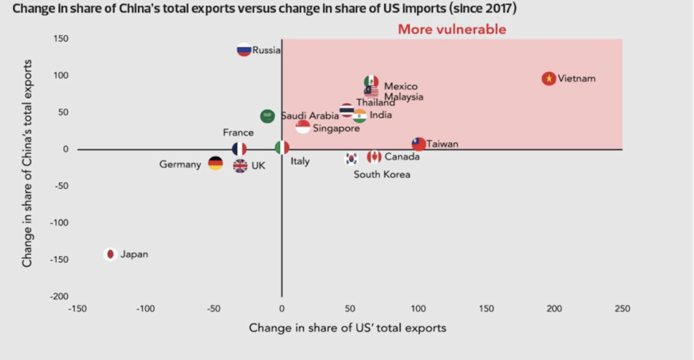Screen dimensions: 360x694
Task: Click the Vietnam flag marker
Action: point(549,79)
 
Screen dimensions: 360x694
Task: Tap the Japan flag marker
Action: point(110,254)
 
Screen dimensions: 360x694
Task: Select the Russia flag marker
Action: point(244,49)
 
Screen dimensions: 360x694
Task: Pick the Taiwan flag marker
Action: point(419,144)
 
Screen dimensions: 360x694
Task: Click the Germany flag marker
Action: point(215,163)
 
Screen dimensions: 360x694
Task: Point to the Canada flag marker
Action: point(373,157)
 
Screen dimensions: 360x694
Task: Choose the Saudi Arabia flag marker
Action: point(268,116)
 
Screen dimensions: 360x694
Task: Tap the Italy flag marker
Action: point(282,148)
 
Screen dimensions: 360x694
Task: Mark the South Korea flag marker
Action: point(351,159)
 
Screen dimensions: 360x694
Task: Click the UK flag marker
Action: point(240,165)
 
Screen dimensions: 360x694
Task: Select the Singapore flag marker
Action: point(303,127)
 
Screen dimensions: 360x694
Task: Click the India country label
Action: point(380,115)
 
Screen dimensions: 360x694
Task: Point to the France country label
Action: point(238,133)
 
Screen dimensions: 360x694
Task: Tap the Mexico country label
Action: point(401,86)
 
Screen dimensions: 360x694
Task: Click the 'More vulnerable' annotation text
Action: point(451,29)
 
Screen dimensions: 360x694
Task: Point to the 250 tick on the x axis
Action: point(622,309)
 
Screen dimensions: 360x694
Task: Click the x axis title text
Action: point(348,328)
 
